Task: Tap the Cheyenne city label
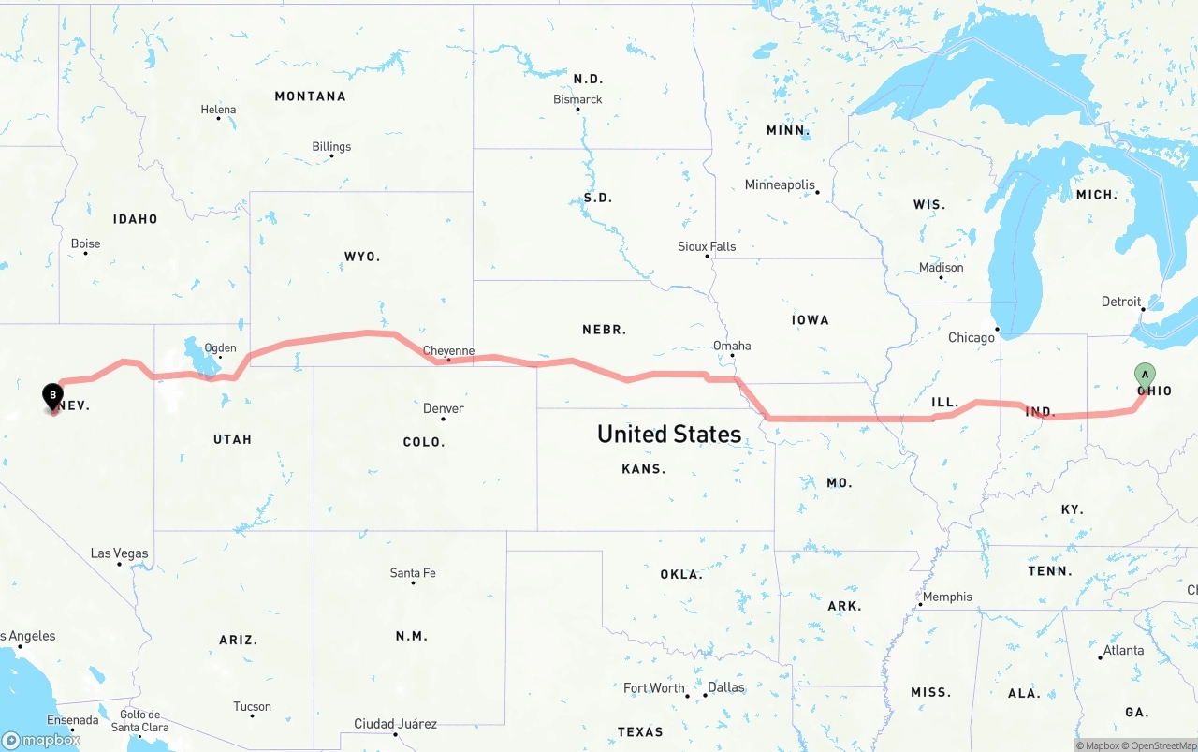click(448, 351)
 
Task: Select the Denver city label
click(443, 408)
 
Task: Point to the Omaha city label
click(732, 346)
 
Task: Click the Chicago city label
click(972, 337)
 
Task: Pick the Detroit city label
click(1121, 302)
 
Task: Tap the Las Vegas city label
click(119, 553)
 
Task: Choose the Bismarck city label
click(577, 99)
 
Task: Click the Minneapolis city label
click(780, 184)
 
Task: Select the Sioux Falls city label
click(707, 246)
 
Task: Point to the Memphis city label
click(947, 597)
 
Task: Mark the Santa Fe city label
click(413, 572)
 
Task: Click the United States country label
click(669, 434)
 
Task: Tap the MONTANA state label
click(310, 96)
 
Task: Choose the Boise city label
click(85, 243)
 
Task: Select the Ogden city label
click(220, 348)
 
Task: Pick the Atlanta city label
click(1123, 650)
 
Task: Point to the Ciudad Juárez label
click(395, 724)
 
